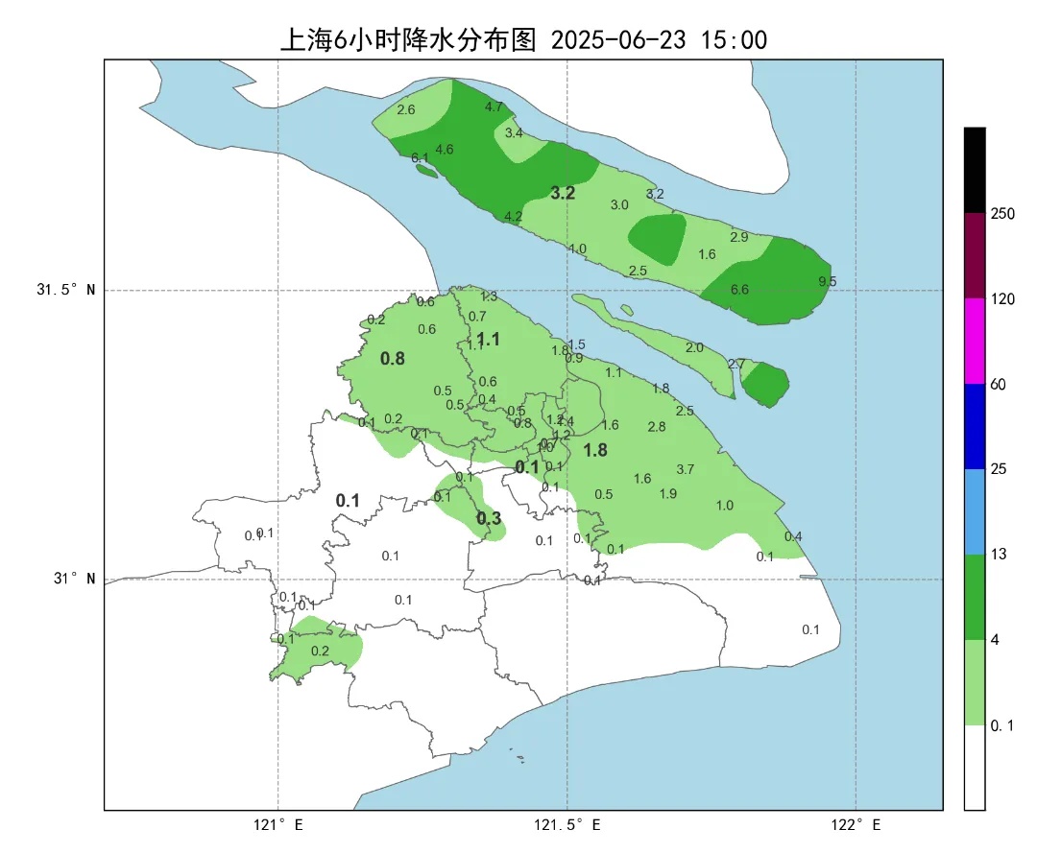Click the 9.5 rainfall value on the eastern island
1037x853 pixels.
pos(827,281)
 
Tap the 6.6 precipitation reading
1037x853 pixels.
pos(739,290)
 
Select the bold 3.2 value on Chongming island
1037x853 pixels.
pos(563,193)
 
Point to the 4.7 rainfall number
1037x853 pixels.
pos(494,107)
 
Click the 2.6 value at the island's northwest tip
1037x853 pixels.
pos(406,110)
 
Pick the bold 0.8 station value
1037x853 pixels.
pos(393,359)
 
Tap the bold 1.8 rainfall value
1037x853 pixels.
pos(595,450)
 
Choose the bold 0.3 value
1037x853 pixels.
pos(489,518)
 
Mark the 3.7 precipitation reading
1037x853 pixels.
pos(685,469)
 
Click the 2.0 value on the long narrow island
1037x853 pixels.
pos(694,347)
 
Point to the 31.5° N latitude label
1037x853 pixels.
pos(66,290)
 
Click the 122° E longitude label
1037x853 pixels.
pos(856,825)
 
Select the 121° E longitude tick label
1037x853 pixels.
pos(278,825)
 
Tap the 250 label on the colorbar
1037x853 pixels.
pos(1002,214)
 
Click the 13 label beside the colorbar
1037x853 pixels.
pos(999,556)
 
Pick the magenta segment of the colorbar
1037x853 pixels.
pos(975,341)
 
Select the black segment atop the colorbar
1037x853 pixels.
pos(975,170)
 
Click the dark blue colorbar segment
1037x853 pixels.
pos(975,426)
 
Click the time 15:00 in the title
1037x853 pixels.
pos(735,39)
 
